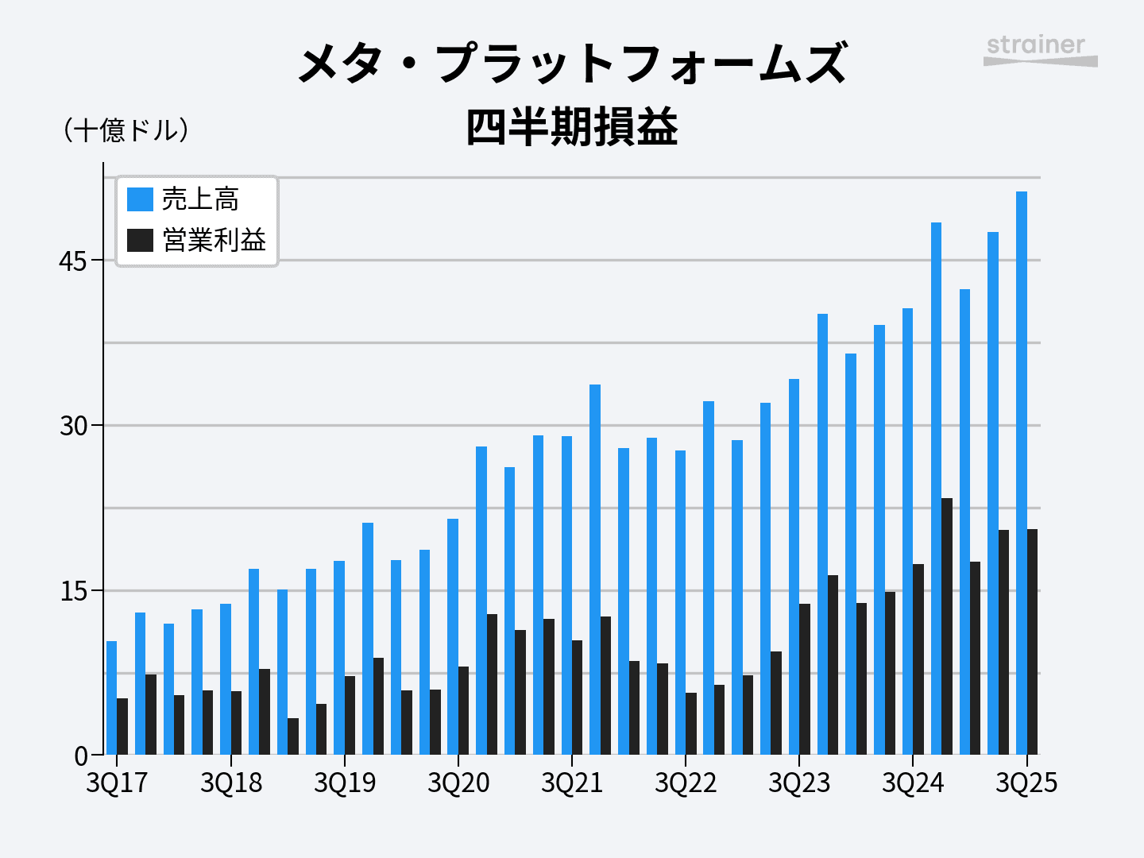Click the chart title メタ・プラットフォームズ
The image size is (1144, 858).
[572, 64]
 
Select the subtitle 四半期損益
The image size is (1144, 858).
[572, 127]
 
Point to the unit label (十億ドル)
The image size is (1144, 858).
[127, 130]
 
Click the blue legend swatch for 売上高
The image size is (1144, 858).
[140, 199]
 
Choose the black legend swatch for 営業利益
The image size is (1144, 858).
[140, 240]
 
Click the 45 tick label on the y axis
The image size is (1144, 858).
[73, 261]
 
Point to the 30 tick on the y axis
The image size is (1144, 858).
[73, 426]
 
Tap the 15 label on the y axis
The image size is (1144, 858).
[73, 591]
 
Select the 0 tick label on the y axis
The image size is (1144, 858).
[81, 756]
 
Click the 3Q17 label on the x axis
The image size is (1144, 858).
[117, 783]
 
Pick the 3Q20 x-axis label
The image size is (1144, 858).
[458, 783]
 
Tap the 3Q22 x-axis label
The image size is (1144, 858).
[686, 783]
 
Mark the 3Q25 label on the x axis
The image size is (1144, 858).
[1026, 783]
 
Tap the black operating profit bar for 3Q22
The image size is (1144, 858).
[691, 724]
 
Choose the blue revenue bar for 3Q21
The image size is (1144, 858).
[566, 595]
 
